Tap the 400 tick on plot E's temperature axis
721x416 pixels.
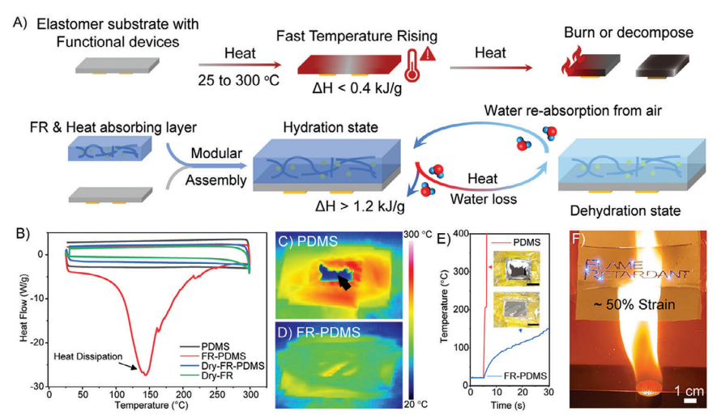459,235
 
